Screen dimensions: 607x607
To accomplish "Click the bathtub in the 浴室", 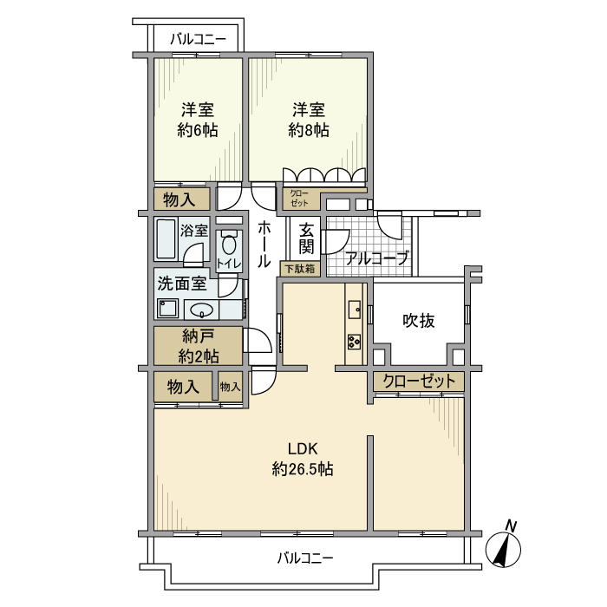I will tap(166, 238).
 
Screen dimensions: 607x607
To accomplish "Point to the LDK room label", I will tap(303, 448).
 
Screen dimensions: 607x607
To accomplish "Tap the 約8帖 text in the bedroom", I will tap(308, 130).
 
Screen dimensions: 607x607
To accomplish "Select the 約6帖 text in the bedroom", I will tap(198, 130).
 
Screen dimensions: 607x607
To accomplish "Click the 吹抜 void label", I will tap(419, 320).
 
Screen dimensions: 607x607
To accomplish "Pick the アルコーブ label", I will tap(376, 258).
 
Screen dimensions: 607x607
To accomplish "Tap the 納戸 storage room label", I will tap(198, 336).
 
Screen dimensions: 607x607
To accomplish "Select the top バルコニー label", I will tap(198, 39).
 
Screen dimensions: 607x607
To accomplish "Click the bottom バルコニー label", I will tap(305, 558).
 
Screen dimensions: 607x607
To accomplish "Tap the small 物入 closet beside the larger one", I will tap(230, 386).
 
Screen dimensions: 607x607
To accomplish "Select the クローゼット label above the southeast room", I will tap(419, 382).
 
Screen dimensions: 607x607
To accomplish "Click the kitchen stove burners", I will tap(354, 340).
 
